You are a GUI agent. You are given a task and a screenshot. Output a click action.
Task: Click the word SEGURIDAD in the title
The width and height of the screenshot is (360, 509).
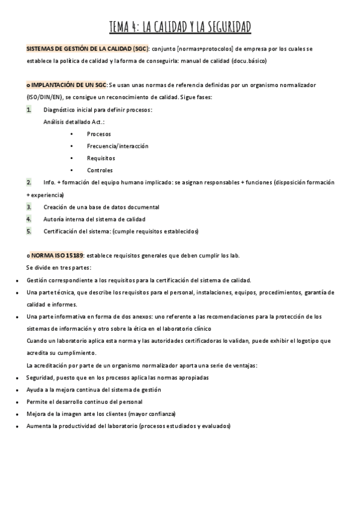point(223,27)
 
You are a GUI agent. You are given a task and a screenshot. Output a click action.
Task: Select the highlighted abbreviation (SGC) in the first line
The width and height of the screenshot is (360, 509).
point(139,49)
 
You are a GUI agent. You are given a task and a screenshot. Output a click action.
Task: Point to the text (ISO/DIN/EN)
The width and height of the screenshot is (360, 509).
point(48,97)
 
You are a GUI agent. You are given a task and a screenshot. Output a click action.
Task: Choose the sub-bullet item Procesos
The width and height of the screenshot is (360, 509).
point(98,134)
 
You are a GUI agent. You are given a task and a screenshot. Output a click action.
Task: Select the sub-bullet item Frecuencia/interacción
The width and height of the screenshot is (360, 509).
point(117,146)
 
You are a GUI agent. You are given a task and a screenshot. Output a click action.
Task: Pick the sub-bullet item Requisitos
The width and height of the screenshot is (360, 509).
point(101,158)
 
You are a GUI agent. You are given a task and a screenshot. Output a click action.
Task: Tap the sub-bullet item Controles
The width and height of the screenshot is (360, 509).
point(100,170)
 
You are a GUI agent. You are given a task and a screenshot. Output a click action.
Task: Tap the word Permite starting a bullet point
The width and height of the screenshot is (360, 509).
point(38,402)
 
